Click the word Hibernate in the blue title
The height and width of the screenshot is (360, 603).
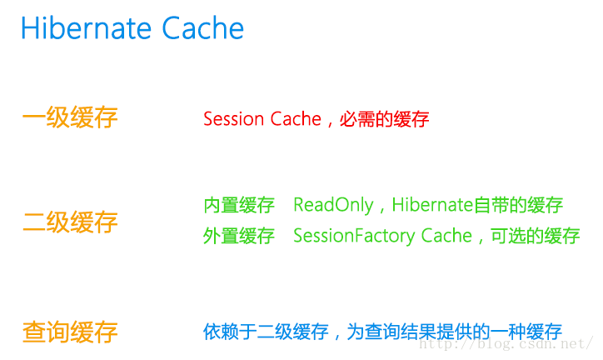coord(87,27)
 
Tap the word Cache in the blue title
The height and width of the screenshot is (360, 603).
coord(203,27)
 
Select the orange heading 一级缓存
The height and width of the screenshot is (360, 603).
coord(70,117)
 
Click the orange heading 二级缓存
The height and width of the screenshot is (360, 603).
coord(70,222)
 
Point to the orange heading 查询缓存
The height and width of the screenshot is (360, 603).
coord(70,332)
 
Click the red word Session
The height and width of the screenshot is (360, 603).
coord(234,119)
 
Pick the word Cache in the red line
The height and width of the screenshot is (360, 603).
coord(296,119)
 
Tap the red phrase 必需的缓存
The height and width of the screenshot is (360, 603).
coord(384,119)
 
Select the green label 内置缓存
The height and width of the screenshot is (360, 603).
coord(239,205)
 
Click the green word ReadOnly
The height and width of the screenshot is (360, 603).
coord(333,205)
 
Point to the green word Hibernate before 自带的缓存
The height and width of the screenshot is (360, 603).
coord(432,205)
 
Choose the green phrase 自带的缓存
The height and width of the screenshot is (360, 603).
coord(518,205)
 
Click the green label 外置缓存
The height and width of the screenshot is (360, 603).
coord(239,236)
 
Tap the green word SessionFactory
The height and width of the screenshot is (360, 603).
coord(354,236)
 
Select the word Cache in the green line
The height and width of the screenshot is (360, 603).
coord(446,236)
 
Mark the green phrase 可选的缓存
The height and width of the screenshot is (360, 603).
coord(536,236)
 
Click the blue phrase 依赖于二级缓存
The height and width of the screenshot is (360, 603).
coord(266,332)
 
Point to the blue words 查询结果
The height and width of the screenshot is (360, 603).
coord(400,332)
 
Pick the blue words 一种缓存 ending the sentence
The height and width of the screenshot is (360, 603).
coord(526,332)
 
